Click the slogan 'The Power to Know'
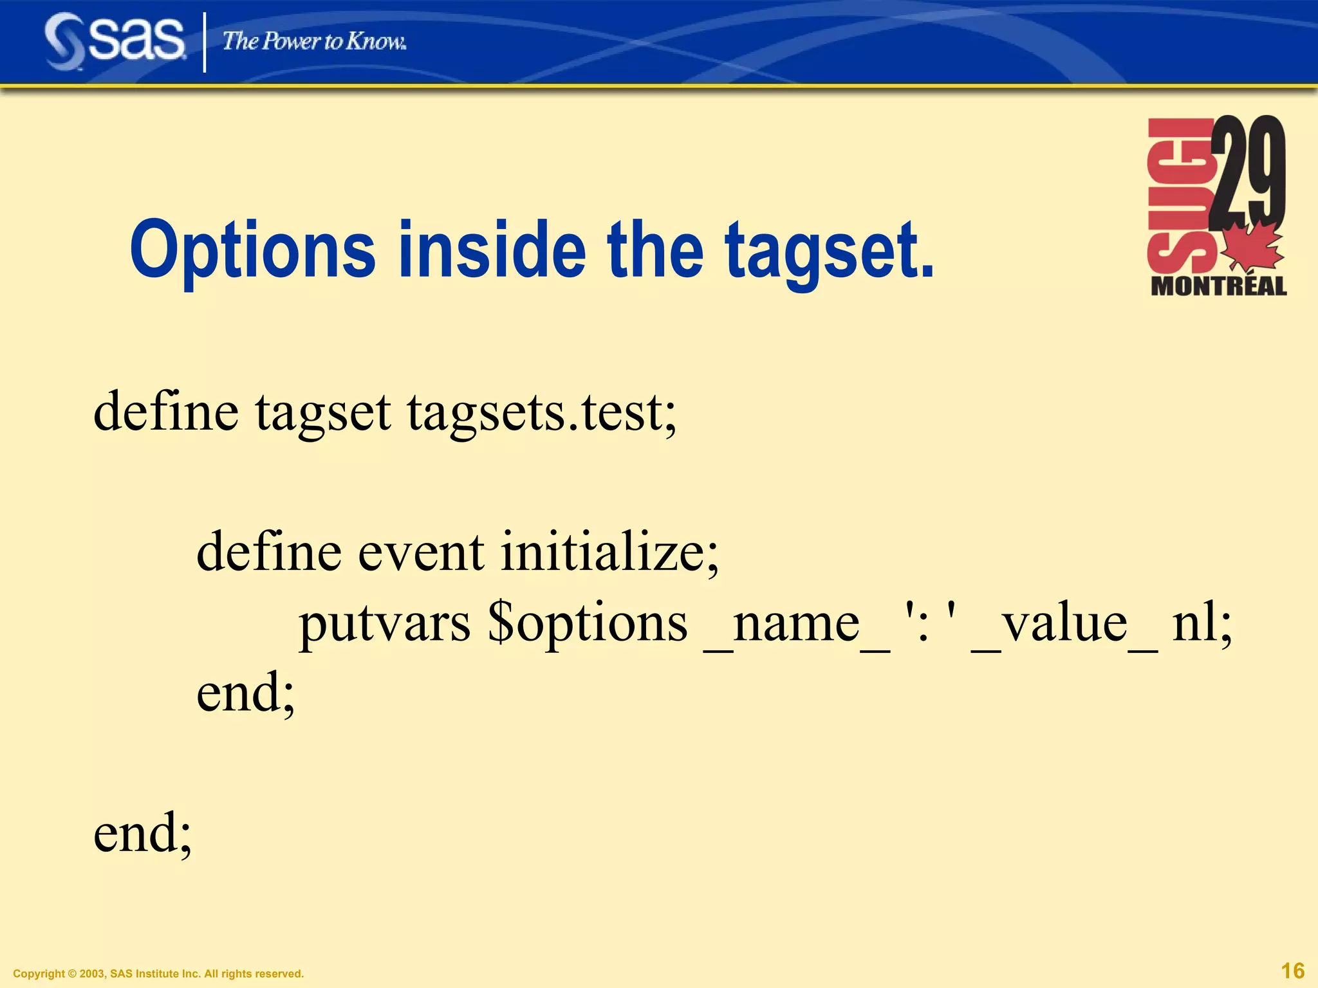tap(314, 42)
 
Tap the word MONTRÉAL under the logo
tap(1218, 286)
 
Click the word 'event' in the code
tap(420, 552)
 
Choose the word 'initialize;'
tap(609, 552)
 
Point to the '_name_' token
tap(797, 624)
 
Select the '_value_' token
tap(1064, 624)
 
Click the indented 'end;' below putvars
tap(245, 693)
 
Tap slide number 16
tap(1292, 971)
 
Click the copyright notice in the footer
tap(158, 974)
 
